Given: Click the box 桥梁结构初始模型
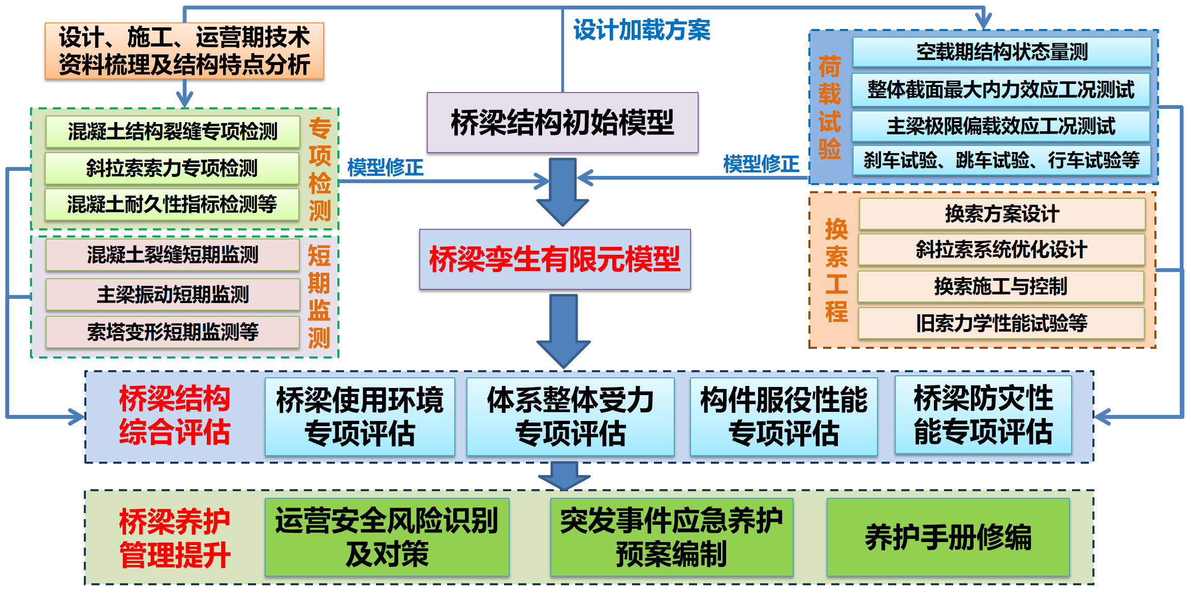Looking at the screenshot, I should pos(562,123).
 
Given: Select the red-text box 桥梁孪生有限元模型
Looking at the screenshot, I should pos(555,259).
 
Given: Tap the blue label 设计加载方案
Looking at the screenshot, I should pos(642,30).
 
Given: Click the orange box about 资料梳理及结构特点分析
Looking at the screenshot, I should pos(184,51).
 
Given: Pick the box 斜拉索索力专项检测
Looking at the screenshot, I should pos(172,168).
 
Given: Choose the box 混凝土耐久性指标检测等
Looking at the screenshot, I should pos(172,204).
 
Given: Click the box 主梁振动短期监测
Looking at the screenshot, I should pos(173,294).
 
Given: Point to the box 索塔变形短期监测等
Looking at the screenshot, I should pos(173,332).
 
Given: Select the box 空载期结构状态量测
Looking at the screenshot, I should pos(1001,52).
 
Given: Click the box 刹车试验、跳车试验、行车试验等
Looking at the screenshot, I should pos(1001,161).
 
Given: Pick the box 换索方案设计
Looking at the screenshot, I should pos(1002,214).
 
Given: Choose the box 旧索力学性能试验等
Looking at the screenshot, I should pos(1001,323).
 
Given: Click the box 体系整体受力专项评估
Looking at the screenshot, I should pos(570,416).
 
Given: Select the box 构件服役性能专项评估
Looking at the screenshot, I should pos(783,416).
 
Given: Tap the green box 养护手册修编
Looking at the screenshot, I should pos(948,537).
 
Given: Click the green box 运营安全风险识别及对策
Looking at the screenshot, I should pos(387,537).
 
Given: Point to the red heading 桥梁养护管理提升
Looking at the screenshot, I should pos(174,538).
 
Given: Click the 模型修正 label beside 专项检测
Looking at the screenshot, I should pos(385,167).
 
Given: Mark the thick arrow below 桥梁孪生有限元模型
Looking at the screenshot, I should pos(563,331).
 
